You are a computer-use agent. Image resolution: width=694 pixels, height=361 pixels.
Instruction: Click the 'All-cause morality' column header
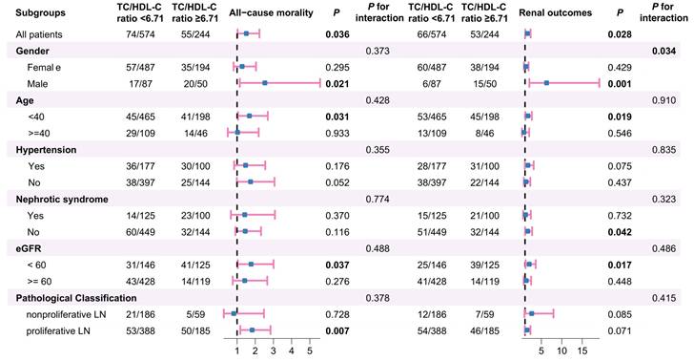pyautogui.click(x=271, y=12)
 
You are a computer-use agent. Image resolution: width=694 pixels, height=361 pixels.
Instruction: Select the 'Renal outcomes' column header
pyautogui.click(x=555, y=12)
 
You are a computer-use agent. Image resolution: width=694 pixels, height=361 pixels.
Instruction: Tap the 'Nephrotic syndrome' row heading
pyautogui.click(x=62, y=200)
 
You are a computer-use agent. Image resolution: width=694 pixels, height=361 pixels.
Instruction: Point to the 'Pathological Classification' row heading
pyautogui.click(x=76, y=298)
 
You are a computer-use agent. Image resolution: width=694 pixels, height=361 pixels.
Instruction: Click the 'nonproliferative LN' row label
pyautogui.click(x=66, y=314)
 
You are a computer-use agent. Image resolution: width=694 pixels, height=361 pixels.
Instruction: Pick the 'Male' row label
pyautogui.click(x=37, y=84)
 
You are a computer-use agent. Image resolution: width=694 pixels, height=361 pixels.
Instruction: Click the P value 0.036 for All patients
pyautogui.click(x=337, y=34)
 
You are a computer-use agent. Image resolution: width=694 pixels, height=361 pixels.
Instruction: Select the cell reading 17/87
pyautogui.click(x=141, y=84)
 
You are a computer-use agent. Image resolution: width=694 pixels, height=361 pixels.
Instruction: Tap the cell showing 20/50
pyautogui.click(x=195, y=84)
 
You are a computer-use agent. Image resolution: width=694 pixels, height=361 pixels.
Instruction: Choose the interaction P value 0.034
pyautogui.click(x=663, y=51)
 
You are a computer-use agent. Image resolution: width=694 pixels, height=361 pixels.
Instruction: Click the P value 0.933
pyautogui.click(x=337, y=133)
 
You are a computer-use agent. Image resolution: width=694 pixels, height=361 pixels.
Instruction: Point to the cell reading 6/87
pyautogui.click(x=432, y=84)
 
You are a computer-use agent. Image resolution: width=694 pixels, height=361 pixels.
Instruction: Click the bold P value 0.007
pyautogui.click(x=337, y=330)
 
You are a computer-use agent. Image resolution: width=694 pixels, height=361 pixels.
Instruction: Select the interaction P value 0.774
pyautogui.click(x=378, y=200)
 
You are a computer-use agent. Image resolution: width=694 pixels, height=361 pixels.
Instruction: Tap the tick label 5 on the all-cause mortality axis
pyautogui.click(x=310, y=351)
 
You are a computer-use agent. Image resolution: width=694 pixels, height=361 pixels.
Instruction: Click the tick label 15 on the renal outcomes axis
pyautogui.click(x=582, y=351)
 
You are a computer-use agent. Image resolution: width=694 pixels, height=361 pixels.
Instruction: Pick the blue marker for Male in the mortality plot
pyautogui.click(x=265, y=83)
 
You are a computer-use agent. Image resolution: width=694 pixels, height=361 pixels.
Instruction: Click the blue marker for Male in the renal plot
pyautogui.click(x=546, y=83)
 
